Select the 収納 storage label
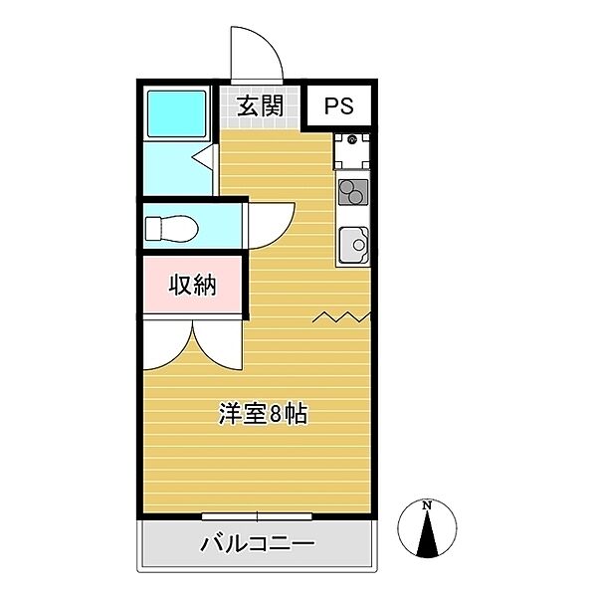[191, 286]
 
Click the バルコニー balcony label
[257, 544]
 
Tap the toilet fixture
[169, 230]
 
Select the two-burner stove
[353, 190]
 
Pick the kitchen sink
[353, 242]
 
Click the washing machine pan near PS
[352, 149]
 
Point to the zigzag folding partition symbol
[343, 318]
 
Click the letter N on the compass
[427, 506]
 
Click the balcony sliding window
[257, 515]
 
